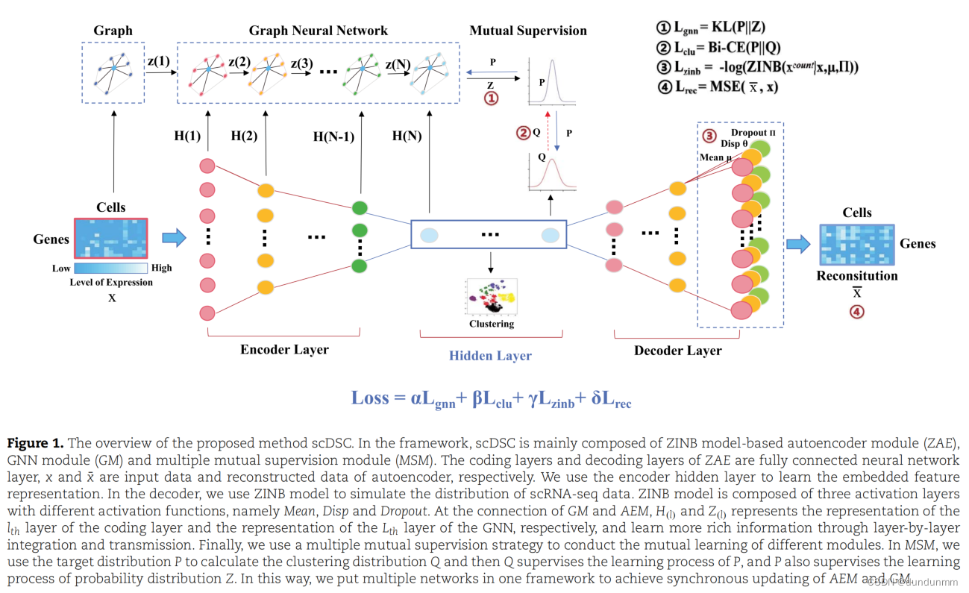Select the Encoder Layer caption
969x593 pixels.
(x=284, y=349)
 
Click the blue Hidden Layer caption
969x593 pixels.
(x=490, y=356)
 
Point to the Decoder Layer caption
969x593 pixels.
(x=677, y=350)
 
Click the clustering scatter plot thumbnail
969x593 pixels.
(x=491, y=297)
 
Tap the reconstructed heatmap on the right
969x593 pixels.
(x=856, y=245)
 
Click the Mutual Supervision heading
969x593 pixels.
(x=527, y=31)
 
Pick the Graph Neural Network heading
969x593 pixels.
(x=319, y=31)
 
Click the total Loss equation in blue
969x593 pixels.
(x=491, y=398)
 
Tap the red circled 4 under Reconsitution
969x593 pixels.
(x=857, y=312)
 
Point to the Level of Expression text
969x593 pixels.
(x=111, y=282)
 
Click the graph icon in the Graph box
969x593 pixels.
(x=113, y=72)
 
